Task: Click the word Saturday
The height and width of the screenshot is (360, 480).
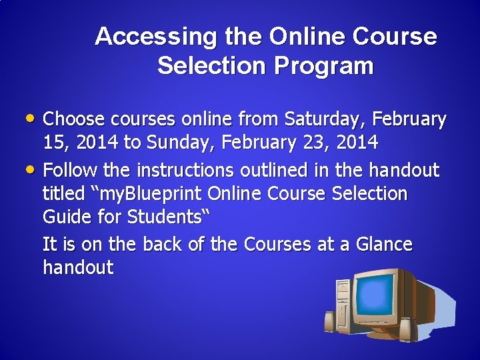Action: pos(327,119)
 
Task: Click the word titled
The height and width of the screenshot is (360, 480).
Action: pos(65,194)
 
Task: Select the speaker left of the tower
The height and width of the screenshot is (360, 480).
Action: pos(329,321)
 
